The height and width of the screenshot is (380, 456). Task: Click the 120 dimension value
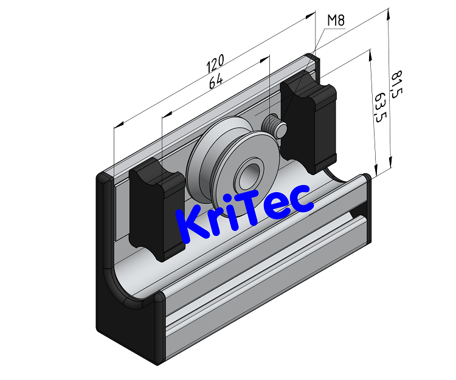coord(216,62)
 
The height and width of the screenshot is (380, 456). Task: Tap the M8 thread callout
coord(336,21)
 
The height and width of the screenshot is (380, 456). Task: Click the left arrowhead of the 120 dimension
coord(118,125)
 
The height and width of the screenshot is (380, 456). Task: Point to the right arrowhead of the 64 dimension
coord(265,58)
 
